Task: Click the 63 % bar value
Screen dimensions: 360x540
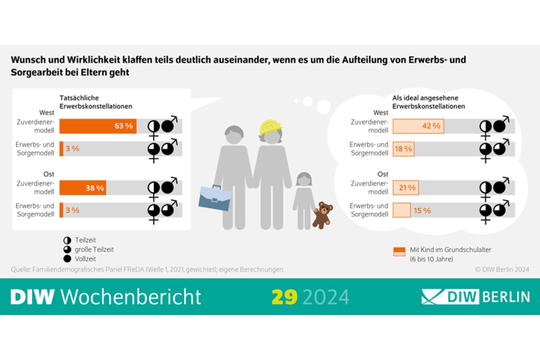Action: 123,126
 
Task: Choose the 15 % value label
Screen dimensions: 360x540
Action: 422,211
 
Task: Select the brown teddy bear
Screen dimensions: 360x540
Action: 321,215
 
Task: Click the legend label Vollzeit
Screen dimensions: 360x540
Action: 86,258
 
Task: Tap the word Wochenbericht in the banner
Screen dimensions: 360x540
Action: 132,297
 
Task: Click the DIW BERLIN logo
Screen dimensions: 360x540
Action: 475,297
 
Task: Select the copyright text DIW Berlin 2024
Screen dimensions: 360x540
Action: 502,270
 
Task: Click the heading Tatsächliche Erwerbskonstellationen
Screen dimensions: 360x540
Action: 96,102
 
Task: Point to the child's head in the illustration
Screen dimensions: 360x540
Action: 304,179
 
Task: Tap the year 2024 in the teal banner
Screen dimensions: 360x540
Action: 326,297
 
